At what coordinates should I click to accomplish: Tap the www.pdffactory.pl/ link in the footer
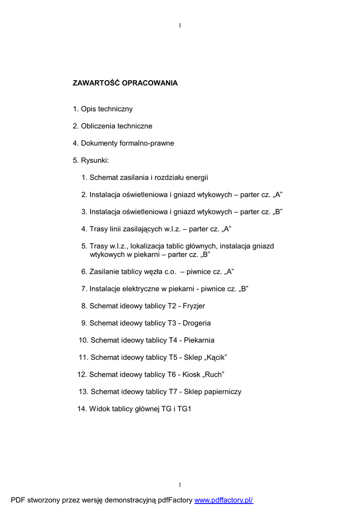pyautogui.click(x=224, y=500)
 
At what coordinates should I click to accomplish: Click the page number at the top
pyautogui.click(x=180, y=25)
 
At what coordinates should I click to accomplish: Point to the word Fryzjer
pyautogui.click(x=193, y=306)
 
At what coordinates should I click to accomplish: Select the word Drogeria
pyautogui.click(x=197, y=323)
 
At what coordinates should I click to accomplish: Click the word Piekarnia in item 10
pyautogui.click(x=199, y=340)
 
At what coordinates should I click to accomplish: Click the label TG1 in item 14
pyautogui.click(x=181, y=408)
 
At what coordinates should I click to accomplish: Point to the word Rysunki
pyautogui.click(x=95, y=160)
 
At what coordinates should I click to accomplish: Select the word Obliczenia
pyautogui.click(x=98, y=126)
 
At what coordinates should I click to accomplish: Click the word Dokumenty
pyautogui.click(x=99, y=143)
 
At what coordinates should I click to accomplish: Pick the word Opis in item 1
pyautogui.click(x=89, y=109)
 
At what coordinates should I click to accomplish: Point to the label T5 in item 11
pyautogui.click(x=173, y=357)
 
